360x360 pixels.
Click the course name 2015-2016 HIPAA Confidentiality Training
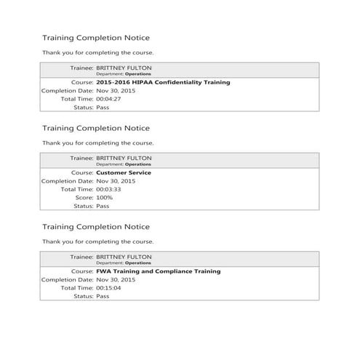point(163,83)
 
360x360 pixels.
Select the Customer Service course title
point(123,173)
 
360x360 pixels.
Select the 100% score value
point(105,197)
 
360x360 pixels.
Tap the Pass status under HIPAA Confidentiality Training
point(103,107)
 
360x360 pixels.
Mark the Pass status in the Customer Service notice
point(103,205)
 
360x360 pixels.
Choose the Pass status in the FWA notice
point(103,296)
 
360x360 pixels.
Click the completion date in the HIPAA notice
point(116,91)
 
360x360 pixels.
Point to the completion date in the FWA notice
point(116,279)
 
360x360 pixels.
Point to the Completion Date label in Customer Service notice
point(67,181)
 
